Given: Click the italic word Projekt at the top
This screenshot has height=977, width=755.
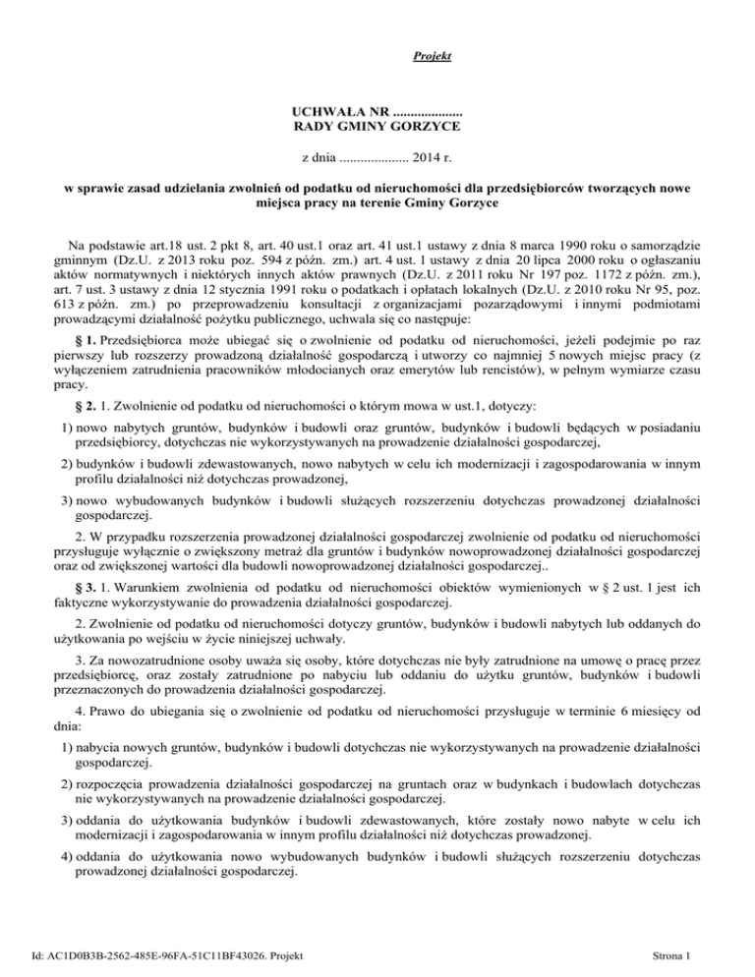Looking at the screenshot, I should [433, 57].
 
